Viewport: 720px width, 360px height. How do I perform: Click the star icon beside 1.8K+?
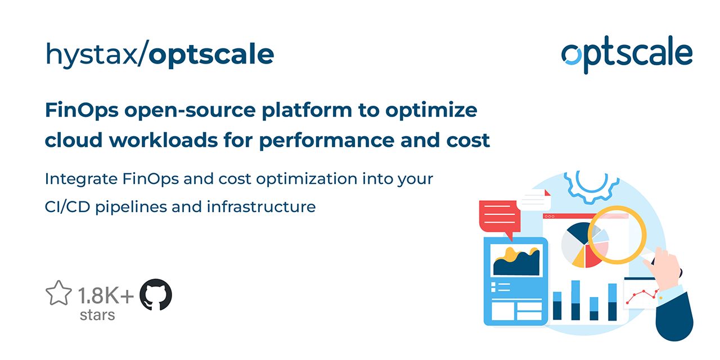tap(58, 294)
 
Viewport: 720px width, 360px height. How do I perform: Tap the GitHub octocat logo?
tap(155, 295)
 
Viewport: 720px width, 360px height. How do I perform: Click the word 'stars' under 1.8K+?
tap(97, 314)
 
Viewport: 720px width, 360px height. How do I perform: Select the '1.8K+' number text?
tap(106, 295)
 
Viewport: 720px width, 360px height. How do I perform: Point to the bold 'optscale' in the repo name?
tap(211, 55)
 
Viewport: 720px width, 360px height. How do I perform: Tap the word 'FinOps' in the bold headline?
tap(82, 110)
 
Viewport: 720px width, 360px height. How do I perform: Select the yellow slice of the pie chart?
tap(578, 259)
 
